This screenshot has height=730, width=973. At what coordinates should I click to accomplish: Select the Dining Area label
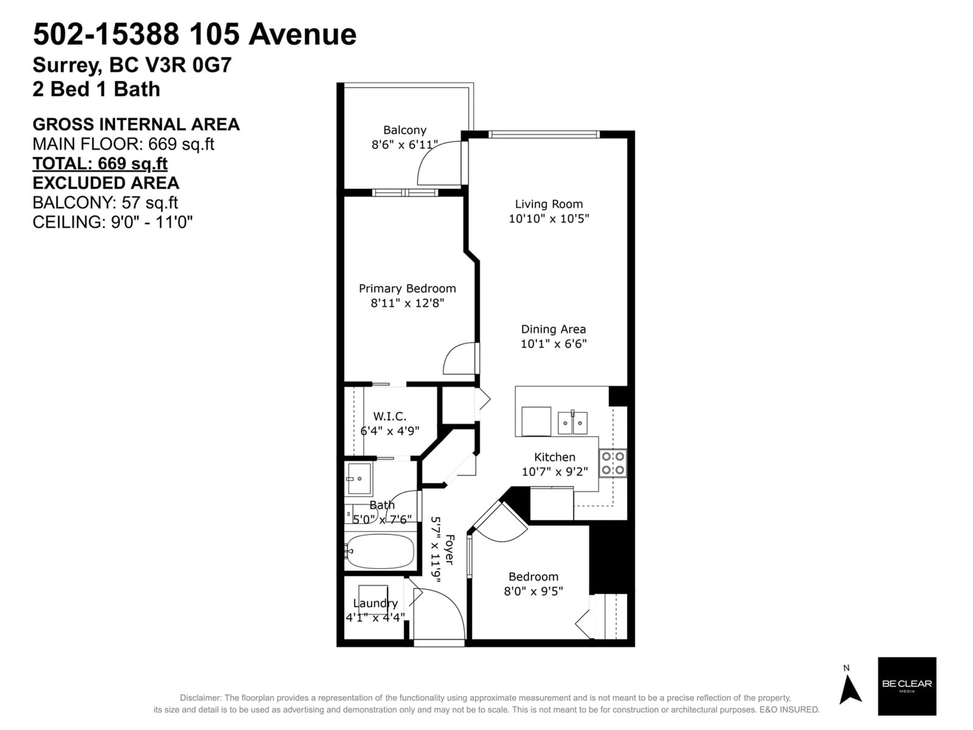553,329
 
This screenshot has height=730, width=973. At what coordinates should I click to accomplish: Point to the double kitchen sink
572,423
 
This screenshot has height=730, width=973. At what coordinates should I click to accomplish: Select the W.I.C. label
390,416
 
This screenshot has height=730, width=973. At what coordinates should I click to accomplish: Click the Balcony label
405,130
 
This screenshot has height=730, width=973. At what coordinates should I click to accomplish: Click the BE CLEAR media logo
907,686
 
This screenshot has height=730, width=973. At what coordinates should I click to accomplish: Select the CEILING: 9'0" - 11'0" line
113,222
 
